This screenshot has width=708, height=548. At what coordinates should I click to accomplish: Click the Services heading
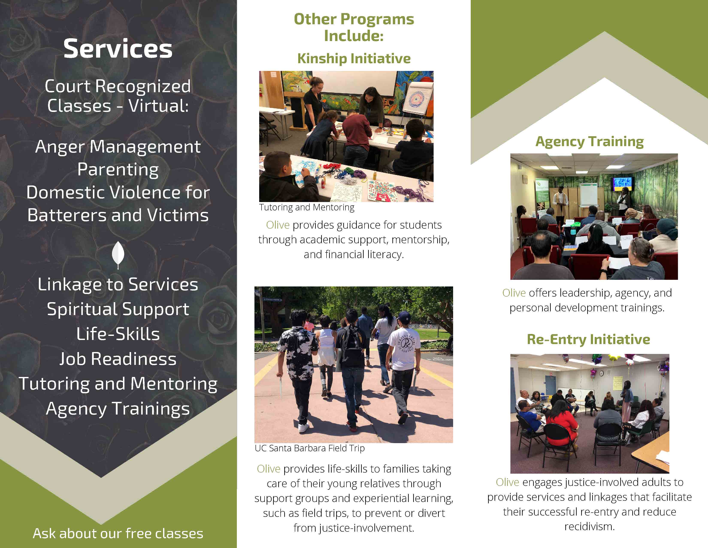coord(118,49)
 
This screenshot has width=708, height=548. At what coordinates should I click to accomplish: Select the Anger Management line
coord(118,147)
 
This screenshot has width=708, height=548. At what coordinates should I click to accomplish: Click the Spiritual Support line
coord(118,309)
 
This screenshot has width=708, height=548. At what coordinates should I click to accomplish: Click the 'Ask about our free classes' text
coord(118,533)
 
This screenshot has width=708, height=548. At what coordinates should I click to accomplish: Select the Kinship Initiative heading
coord(354,58)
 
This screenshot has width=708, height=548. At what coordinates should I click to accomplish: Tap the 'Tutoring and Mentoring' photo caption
coord(307,207)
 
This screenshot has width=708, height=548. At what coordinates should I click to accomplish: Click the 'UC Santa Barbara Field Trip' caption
coord(310,448)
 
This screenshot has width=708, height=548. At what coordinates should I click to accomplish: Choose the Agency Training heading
coord(589,142)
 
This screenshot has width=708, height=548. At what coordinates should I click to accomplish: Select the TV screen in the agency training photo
coord(622,184)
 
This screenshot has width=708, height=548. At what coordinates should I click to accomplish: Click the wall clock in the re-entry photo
coord(601,373)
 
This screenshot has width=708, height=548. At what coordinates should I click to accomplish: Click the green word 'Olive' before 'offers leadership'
coord(514,293)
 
